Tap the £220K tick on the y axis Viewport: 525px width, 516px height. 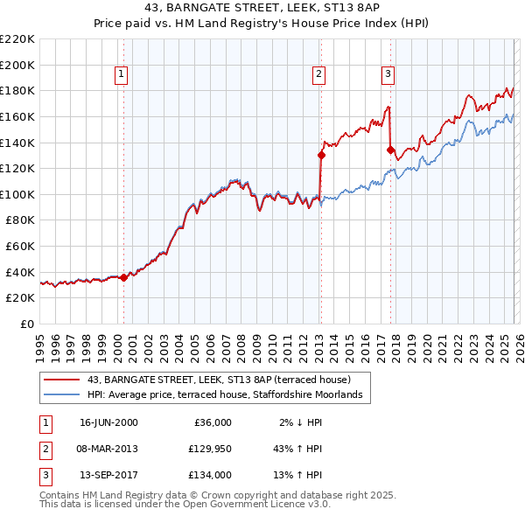(x=17, y=39)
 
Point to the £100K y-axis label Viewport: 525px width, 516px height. (x=17, y=194)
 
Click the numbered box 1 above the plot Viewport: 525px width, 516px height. (x=121, y=74)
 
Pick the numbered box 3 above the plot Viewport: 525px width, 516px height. (x=388, y=74)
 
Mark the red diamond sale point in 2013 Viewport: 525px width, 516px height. (x=321, y=156)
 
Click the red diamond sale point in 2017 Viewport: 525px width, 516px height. (x=390, y=150)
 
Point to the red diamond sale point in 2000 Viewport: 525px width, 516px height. (x=123, y=276)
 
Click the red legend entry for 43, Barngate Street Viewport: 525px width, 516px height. (x=219, y=380)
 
